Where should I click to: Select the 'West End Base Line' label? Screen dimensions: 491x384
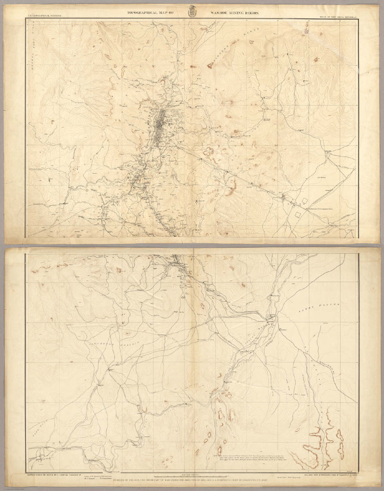[x=319, y=209]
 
